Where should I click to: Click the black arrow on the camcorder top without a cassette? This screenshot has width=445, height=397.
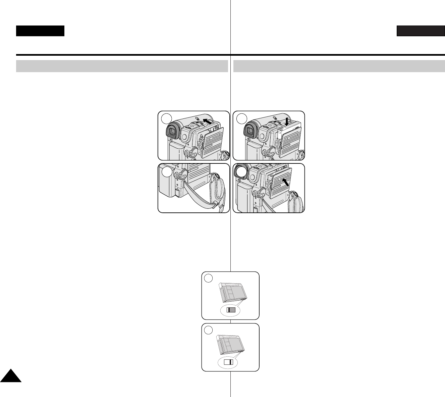click(x=208, y=121)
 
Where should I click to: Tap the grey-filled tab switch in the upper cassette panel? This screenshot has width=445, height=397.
click(x=231, y=310)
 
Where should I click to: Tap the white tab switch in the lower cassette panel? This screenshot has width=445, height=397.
click(x=228, y=362)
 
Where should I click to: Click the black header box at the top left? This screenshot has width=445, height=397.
click(x=40, y=31)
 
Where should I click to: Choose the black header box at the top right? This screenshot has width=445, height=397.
click(x=421, y=31)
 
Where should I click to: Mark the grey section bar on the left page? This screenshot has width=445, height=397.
click(x=122, y=66)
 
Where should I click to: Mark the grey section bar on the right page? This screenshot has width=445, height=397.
click(x=339, y=66)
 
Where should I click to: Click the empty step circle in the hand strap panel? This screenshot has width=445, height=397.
click(x=167, y=172)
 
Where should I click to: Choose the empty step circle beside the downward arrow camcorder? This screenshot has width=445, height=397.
click(x=241, y=118)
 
